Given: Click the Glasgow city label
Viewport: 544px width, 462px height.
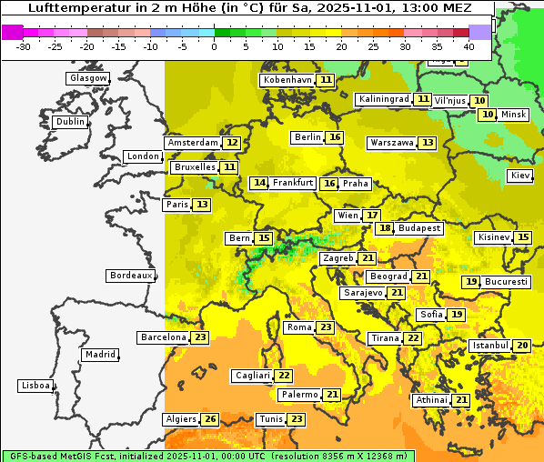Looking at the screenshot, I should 87,78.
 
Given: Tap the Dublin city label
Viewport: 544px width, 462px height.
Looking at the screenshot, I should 70,122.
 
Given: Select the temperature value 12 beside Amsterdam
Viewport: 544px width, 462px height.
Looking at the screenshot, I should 232,143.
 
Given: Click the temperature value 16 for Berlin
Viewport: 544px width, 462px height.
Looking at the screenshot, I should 335,137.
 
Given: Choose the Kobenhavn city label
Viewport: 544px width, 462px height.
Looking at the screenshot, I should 287,80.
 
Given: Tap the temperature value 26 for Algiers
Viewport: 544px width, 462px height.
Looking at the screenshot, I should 210,419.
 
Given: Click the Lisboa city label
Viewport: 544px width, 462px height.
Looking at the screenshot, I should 35,386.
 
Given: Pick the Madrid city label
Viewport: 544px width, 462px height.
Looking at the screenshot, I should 99,355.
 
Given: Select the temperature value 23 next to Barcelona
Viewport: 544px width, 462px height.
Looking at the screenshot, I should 200,337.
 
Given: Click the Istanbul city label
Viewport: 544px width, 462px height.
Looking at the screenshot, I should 490,346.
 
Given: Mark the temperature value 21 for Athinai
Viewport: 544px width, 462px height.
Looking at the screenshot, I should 461,400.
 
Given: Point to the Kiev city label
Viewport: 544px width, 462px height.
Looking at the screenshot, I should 520,176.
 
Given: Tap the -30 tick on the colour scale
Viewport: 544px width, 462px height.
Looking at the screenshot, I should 24,45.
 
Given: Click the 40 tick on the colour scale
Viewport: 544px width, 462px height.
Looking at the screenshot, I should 468,45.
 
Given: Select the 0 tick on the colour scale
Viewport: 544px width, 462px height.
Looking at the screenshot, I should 214,45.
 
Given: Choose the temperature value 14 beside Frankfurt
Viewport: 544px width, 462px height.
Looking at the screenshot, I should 259,183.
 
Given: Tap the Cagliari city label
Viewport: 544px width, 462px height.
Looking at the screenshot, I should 252,376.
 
